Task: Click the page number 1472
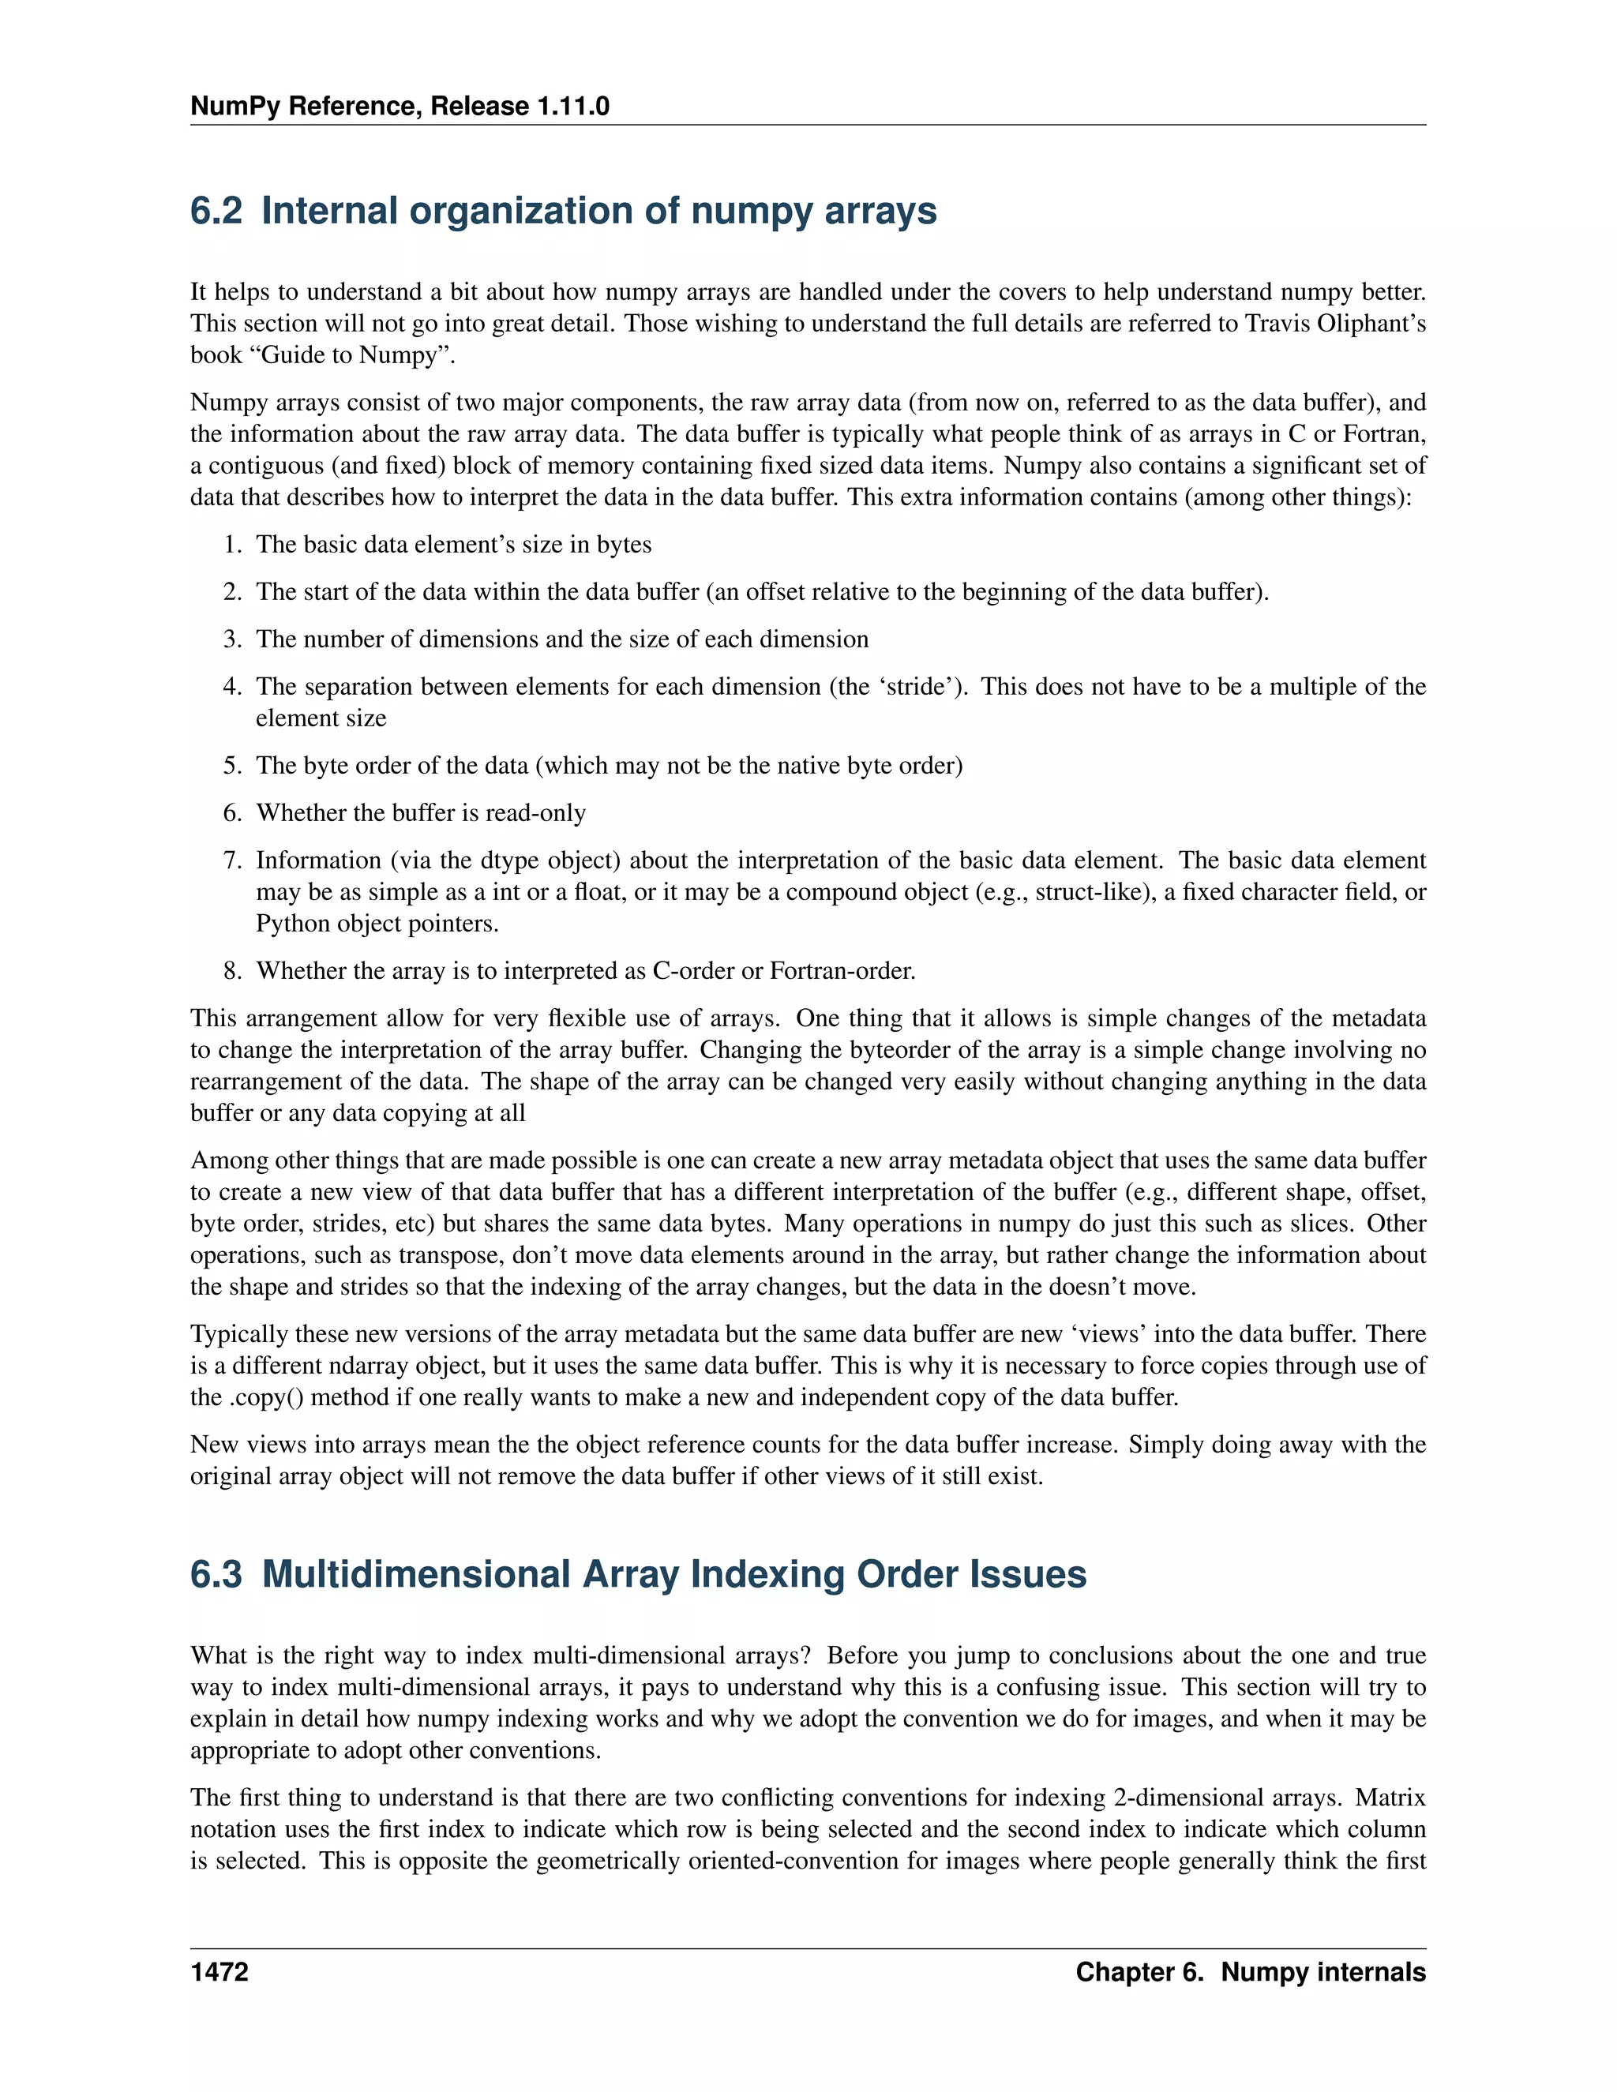(219, 1972)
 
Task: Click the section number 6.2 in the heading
(216, 211)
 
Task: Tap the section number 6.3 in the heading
(216, 1574)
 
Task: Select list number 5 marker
(233, 765)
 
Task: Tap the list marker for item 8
(233, 970)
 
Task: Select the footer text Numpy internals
(1323, 1972)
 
